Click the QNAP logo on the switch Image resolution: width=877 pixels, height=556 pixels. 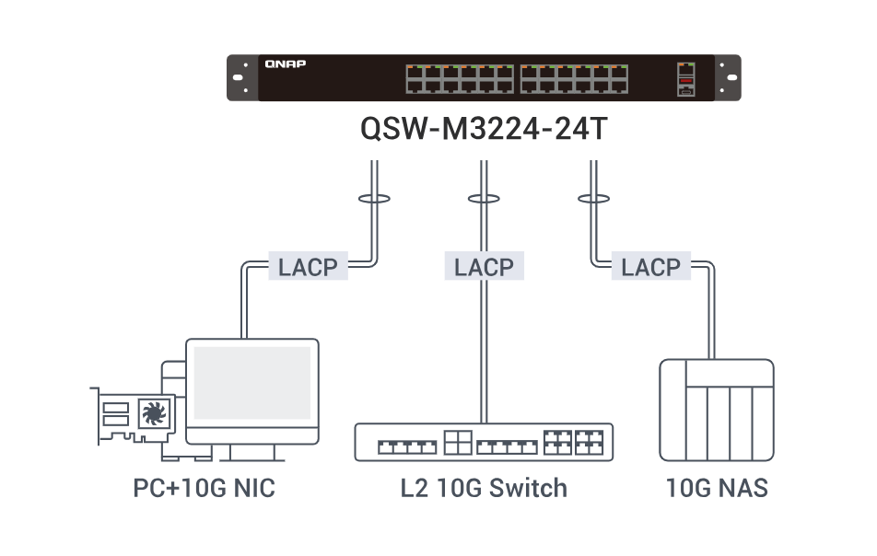(285, 64)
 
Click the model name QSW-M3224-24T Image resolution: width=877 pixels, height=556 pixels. (484, 128)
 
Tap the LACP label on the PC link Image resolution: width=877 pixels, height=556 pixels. (307, 268)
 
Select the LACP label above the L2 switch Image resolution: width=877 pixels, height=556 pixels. (484, 268)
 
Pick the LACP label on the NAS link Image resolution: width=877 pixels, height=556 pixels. (650, 268)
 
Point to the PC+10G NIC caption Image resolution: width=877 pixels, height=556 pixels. (204, 488)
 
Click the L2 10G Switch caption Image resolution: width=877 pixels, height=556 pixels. (484, 488)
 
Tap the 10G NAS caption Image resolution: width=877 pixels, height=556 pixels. (716, 488)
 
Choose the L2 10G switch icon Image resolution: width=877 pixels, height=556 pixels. (484, 442)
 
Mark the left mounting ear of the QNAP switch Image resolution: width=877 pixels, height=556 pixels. (241, 77)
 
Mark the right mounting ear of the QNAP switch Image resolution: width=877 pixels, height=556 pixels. (727, 77)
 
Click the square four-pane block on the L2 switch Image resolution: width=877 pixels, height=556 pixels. (457, 442)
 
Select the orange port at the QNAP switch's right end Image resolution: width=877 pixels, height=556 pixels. (685, 81)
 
